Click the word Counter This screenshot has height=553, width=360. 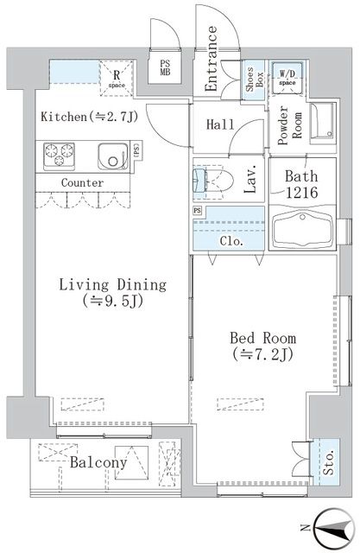83,183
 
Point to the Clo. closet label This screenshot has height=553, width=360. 231,242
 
